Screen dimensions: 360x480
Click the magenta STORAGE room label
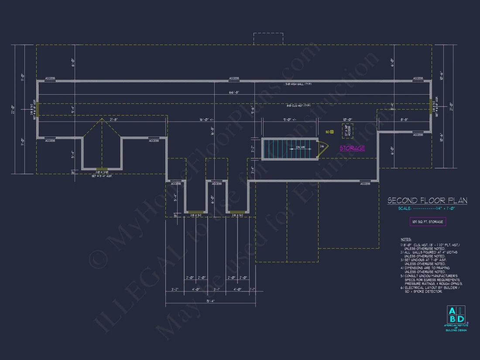[352, 148]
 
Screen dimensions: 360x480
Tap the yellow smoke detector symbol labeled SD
[332, 131]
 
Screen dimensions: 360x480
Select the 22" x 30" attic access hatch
[348, 131]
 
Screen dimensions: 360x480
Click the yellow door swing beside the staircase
[323, 147]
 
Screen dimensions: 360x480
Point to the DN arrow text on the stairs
[300, 147]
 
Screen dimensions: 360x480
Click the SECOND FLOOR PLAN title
[427, 201]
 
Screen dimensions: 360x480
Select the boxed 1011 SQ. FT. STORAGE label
[427, 222]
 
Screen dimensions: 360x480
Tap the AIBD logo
[456, 315]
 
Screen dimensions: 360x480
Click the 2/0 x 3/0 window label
[101, 172]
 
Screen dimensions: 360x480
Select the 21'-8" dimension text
[102, 119]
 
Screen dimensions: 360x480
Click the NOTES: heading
[405, 240]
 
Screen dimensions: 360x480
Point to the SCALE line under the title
[427, 209]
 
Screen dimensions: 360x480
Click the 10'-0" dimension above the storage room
[347, 119]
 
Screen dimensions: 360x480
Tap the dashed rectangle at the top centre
[268, 38]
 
